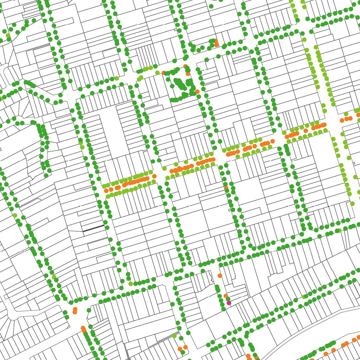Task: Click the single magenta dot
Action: click(229, 303)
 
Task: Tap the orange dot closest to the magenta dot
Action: click(226, 296)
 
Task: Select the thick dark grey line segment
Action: click(93, 229)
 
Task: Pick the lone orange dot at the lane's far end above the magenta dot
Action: click(220, 275)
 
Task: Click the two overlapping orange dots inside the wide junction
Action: click(75, 310)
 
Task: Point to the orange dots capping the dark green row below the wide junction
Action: click(83, 329)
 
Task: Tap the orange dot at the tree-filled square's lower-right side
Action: click(197, 91)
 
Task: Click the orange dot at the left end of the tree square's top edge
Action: click(163, 73)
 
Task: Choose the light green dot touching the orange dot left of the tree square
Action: click(158, 73)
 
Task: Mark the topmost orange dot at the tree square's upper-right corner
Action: click(185, 66)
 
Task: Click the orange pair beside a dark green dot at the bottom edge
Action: click(182, 349)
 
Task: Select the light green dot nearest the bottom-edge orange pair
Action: click(174, 336)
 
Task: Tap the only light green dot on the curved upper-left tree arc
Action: click(8, 35)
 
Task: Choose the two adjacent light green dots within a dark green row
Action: click(81, 145)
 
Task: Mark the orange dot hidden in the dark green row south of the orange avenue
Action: click(226, 187)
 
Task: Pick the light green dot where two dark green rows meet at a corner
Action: click(131, 283)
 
